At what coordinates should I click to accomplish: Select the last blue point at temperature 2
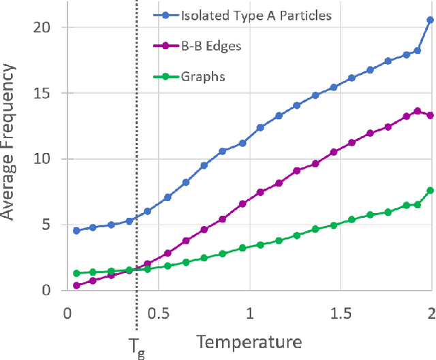click(430, 20)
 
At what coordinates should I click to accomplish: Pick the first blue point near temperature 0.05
click(76, 231)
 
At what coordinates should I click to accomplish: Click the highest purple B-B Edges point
click(418, 111)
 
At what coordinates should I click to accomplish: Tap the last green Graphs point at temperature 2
click(430, 191)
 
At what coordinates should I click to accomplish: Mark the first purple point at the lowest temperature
click(76, 285)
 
